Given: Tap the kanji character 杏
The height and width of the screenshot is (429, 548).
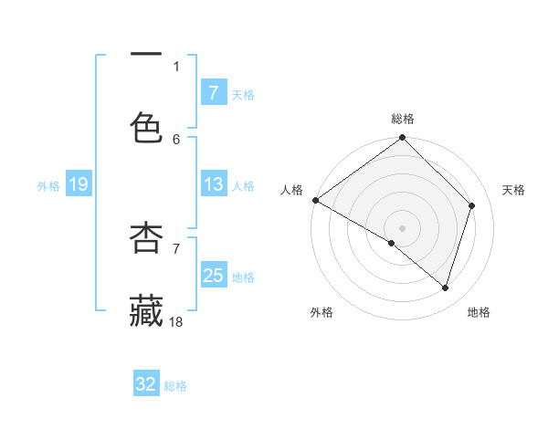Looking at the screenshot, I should click(146, 236).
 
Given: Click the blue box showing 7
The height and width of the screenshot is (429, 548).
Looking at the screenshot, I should click(213, 93).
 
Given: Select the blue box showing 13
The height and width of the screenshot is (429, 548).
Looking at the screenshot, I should click(213, 184).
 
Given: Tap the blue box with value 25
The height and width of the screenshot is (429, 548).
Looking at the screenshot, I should click(213, 276).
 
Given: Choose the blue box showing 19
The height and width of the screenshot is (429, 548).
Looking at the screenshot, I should click(78, 185).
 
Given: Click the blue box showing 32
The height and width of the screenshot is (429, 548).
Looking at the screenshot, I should click(146, 384).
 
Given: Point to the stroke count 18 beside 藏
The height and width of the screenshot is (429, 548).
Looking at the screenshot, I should click(177, 320).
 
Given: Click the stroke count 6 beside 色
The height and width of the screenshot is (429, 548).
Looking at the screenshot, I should click(176, 139).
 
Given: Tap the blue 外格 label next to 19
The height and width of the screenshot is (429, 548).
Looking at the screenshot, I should click(48, 186).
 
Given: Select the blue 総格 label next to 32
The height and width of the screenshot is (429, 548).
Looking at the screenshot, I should click(175, 386).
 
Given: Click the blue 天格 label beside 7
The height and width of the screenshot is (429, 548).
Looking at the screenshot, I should click(243, 95).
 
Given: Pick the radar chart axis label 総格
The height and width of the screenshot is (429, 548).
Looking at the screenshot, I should click(403, 119).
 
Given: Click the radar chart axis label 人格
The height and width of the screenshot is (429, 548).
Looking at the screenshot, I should click(291, 190).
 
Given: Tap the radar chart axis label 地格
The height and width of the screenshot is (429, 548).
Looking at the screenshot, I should click(479, 312).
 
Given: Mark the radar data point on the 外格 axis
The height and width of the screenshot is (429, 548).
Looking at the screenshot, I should click(392, 243).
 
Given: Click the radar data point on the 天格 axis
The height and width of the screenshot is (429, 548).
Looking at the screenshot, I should click(472, 205).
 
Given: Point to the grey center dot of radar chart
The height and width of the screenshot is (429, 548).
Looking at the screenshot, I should click(403, 227).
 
